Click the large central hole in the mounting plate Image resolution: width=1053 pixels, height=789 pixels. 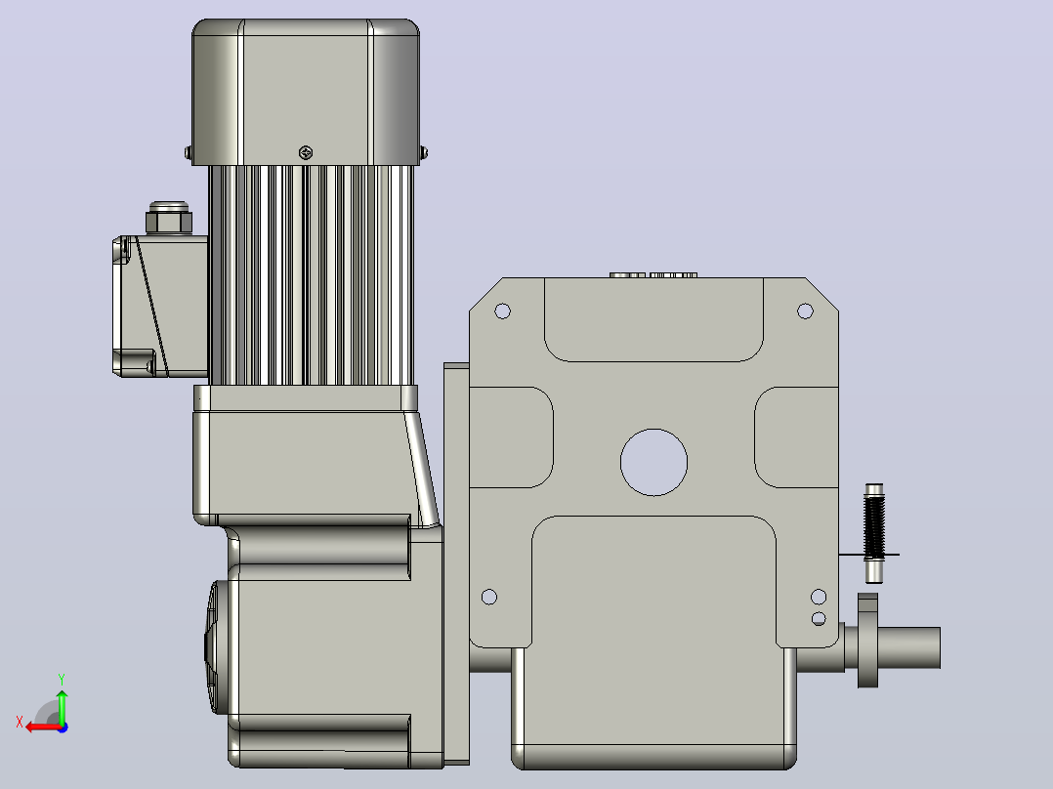653,463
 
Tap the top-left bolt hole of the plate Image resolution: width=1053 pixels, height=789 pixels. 502,311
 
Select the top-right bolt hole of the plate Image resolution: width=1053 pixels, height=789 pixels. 805,311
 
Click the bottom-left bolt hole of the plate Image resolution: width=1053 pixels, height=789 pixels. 489,597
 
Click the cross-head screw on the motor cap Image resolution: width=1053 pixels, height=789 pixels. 306,153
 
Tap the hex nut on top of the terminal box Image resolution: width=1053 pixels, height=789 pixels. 169,218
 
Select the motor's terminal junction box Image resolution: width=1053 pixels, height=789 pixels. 160,307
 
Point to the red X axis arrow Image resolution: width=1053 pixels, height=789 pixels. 45,727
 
